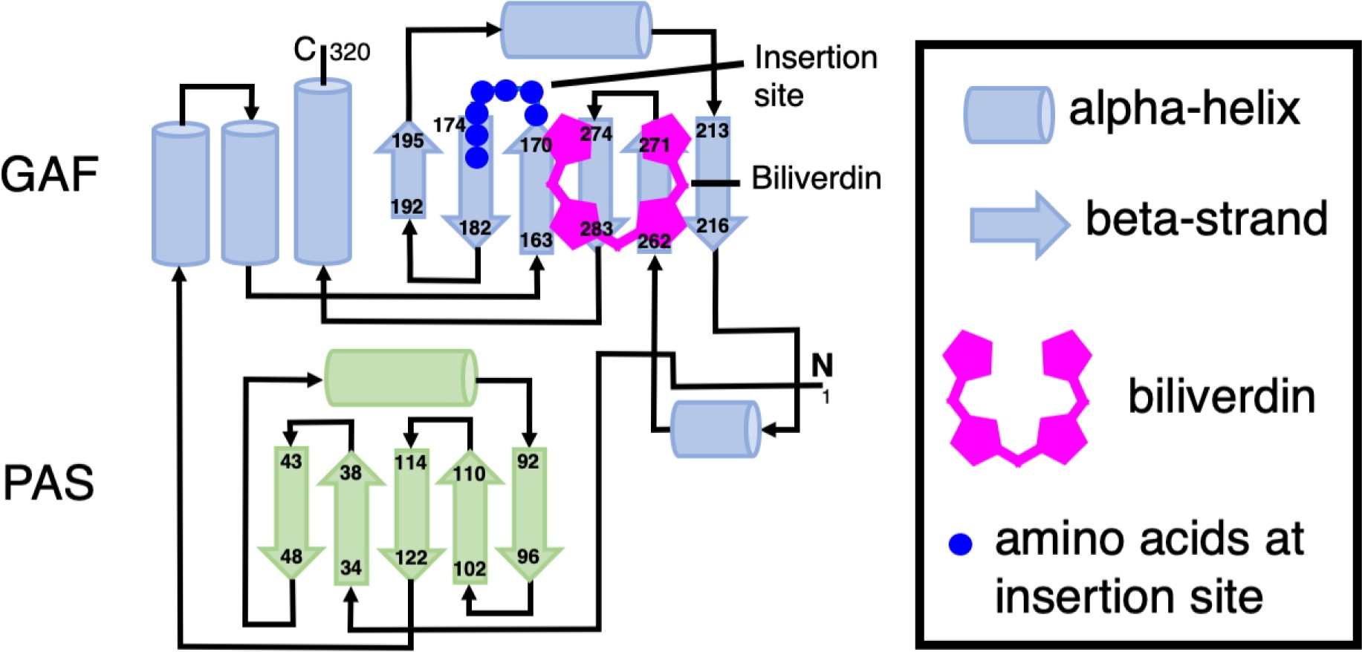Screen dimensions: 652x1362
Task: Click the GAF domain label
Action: coord(49,175)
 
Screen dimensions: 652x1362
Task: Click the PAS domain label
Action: coord(49,483)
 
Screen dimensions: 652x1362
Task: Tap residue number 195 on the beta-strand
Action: coord(407,141)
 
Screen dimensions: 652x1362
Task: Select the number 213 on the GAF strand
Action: coord(712,131)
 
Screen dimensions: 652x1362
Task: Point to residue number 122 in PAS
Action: coord(410,557)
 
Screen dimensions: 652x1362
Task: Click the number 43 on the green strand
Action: coord(291,461)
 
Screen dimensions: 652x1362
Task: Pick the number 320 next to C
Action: coord(349,52)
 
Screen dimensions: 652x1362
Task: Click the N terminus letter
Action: coord(822,365)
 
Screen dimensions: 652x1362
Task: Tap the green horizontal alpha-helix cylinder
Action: coord(401,377)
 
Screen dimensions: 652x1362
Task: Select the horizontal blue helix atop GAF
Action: coord(576,30)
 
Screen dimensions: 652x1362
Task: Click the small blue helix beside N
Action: coord(715,429)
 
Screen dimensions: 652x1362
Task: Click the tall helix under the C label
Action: coord(322,172)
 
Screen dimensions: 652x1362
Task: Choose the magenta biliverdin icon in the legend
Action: coord(1017,398)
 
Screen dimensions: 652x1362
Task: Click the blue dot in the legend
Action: coord(961,544)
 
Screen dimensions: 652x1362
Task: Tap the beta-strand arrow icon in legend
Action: coord(1019,224)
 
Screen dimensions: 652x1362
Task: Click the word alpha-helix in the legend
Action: coord(1184,109)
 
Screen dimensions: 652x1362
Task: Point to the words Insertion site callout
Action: coord(814,76)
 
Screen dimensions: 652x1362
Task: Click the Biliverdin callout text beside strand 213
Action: coord(816,178)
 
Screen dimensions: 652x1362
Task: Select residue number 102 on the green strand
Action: coord(469,569)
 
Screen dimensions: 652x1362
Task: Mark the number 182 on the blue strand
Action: coord(475,227)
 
